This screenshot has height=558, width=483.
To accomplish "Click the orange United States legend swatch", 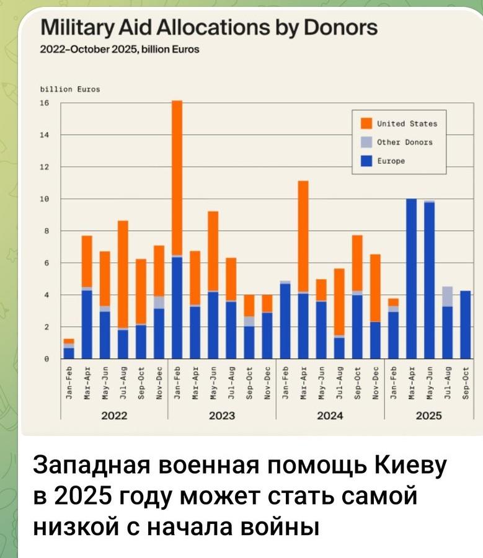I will pos(366,123).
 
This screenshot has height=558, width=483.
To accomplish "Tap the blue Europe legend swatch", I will pos(366,161).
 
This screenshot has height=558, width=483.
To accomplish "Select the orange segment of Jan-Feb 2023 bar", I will pos(177,177).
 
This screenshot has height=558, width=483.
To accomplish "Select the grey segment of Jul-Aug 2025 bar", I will pos(446,296).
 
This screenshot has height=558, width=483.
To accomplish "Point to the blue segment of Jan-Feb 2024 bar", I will pos(285,321).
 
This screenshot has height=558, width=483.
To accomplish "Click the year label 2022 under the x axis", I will pos(114,416).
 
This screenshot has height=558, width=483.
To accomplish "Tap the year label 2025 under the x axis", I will pos(428,416).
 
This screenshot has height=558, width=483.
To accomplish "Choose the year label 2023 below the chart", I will pos(221,416).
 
